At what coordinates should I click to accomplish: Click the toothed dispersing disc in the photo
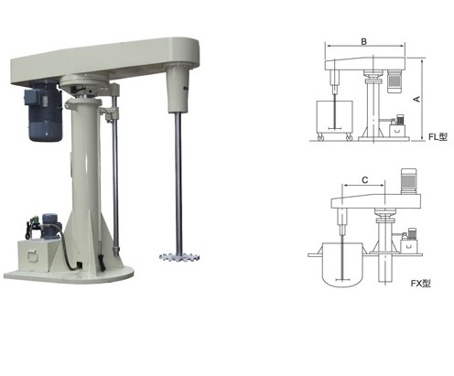coord(179,257)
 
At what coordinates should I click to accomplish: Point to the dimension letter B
coord(363,41)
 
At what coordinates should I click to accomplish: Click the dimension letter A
coord(416,99)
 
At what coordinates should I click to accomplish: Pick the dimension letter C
coord(365,180)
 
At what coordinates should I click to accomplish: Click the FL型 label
coord(438,136)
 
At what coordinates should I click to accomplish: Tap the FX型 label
coord(420,284)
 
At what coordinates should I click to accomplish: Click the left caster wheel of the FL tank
coord(320,138)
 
